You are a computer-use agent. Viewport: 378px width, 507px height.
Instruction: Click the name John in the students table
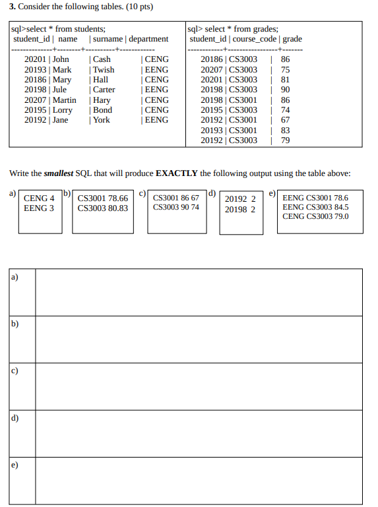[61, 59]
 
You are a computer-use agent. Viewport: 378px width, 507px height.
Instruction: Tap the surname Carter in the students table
[104, 90]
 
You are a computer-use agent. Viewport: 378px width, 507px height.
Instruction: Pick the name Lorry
[63, 110]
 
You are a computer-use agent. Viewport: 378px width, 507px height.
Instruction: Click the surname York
[102, 120]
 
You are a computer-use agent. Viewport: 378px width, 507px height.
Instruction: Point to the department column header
[148, 39]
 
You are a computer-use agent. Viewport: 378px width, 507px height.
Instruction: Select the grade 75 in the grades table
[286, 69]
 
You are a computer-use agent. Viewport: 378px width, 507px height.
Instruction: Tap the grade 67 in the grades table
[286, 120]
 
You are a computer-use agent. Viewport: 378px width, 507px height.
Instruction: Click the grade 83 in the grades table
[286, 131]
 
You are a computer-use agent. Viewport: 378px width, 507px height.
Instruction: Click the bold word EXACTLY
[177, 173]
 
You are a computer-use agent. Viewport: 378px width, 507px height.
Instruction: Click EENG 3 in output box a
[39, 208]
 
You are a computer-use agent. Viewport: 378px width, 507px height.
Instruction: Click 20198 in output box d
[235, 210]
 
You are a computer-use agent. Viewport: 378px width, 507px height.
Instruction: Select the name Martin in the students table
[65, 100]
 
